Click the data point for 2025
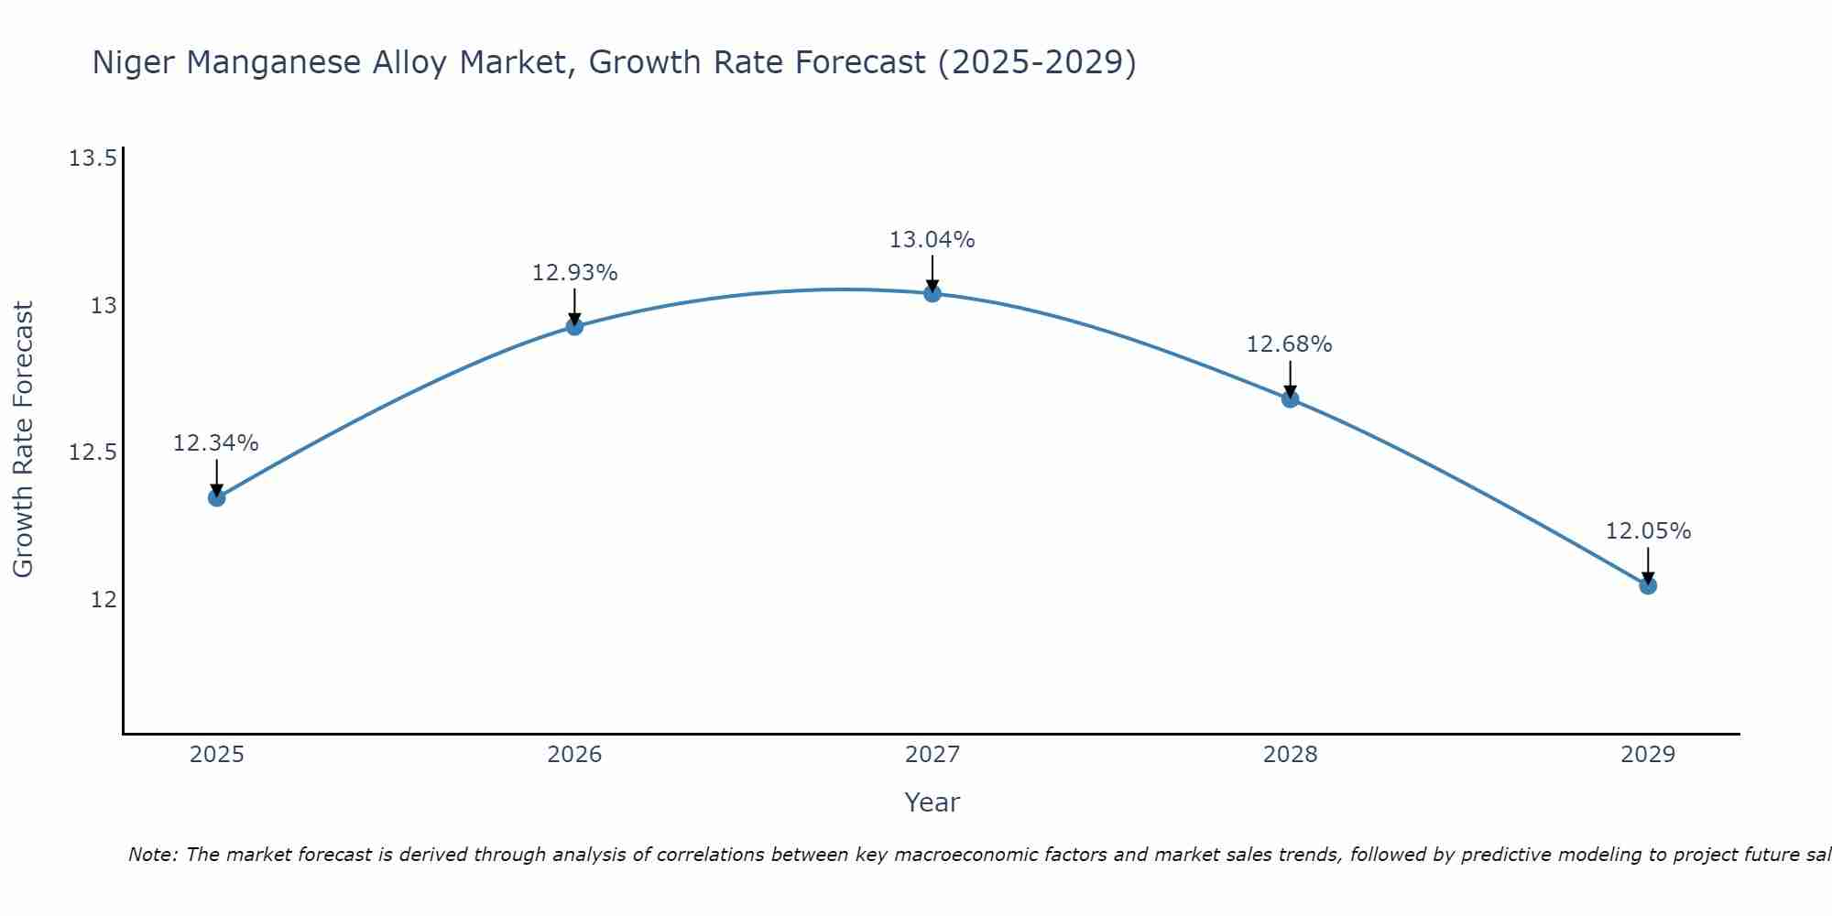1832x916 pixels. pyautogui.click(x=217, y=497)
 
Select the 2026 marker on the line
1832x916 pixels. pyautogui.click(x=574, y=326)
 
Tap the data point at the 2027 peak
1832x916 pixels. pyautogui.click(x=932, y=293)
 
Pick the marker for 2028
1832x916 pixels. pyautogui.click(x=1290, y=398)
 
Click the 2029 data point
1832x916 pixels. pyautogui.click(x=1648, y=585)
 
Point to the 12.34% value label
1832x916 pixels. pyautogui.click(x=216, y=443)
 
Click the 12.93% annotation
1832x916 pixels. pyautogui.click(x=574, y=273)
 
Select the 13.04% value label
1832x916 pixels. pyautogui.click(x=932, y=240)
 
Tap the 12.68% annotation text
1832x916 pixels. pyautogui.click(x=1289, y=344)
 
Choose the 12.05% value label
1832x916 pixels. pyautogui.click(x=1648, y=531)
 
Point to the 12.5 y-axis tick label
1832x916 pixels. pyautogui.click(x=93, y=453)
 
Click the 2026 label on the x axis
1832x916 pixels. pyautogui.click(x=574, y=755)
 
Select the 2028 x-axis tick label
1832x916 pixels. pyautogui.click(x=1290, y=755)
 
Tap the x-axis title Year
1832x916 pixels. pyautogui.click(x=932, y=802)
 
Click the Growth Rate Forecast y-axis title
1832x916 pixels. pyautogui.click(x=23, y=440)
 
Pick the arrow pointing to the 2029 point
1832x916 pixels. pyautogui.click(x=1648, y=564)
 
